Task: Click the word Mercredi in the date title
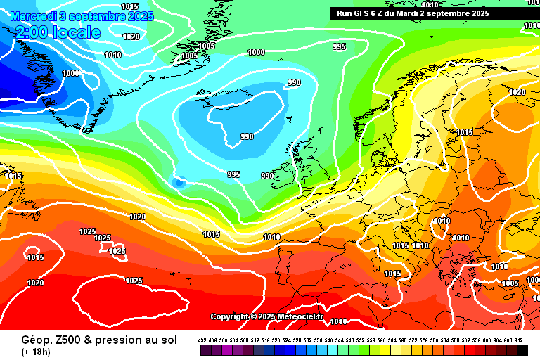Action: [x=34, y=15]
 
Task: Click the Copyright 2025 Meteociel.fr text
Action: [x=266, y=316]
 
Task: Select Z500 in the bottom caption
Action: [x=56, y=340]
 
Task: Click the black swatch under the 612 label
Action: [x=522, y=350]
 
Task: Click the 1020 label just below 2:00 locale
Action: [x=131, y=37]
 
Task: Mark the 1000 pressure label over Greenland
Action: [x=70, y=73]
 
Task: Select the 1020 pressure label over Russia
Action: [x=517, y=92]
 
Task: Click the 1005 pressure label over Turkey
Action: [x=510, y=283]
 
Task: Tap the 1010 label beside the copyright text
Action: [x=338, y=321]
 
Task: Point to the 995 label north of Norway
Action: [x=339, y=46]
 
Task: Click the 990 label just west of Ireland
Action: [x=267, y=176]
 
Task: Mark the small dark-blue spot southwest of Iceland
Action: [x=179, y=183]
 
